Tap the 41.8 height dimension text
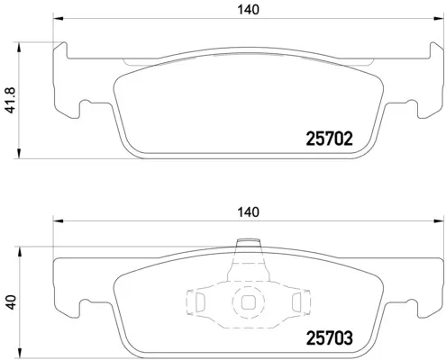(x=10, y=100)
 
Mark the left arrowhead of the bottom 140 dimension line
(x=58, y=222)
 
